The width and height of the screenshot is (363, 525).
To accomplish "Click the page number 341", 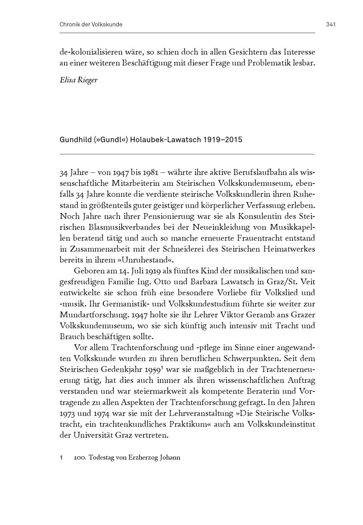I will (x=330, y=25).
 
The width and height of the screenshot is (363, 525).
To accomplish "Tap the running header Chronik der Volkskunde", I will (x=91, y=25).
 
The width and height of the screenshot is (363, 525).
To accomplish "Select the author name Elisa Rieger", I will (x=79, y=80).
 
